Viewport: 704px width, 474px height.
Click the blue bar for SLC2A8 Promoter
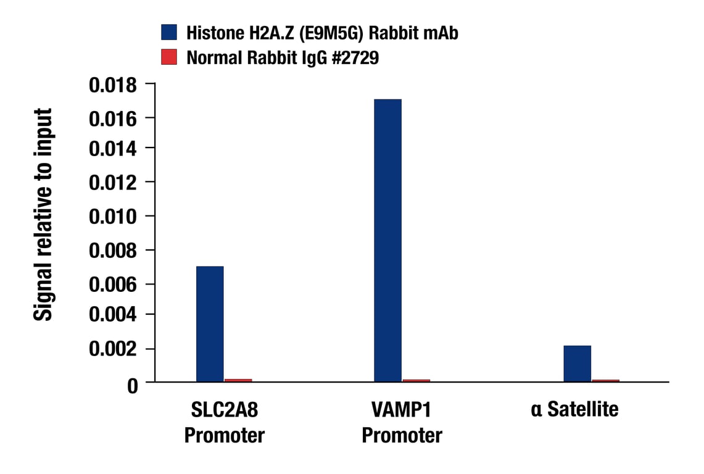click(210, 324)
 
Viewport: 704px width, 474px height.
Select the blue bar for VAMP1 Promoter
click(387, 241)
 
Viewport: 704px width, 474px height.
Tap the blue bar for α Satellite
click(577, 364)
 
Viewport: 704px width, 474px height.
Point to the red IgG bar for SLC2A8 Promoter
click(238, 380)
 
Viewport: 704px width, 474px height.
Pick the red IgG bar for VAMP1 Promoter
click(416, 380)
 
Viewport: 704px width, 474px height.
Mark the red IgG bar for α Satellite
click(605, 380)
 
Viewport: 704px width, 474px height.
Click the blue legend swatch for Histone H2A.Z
click(169, 32)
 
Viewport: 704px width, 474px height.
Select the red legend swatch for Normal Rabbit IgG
click(169, 57)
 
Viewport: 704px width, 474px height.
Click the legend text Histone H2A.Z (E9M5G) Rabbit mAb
click(322, 33)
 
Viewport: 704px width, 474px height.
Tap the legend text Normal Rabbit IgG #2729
click(283, 58)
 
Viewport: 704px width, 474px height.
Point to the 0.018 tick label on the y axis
click(114, 84)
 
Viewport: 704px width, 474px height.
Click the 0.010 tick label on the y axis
click(114, 217)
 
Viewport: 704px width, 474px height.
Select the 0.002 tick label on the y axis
click(114, 349)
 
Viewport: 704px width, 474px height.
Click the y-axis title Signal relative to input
click(43, 215)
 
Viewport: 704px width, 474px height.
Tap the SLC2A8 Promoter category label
click(225, 422)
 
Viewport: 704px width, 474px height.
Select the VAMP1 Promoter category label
click(402, 422)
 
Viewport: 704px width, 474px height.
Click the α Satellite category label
click(574, 409)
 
